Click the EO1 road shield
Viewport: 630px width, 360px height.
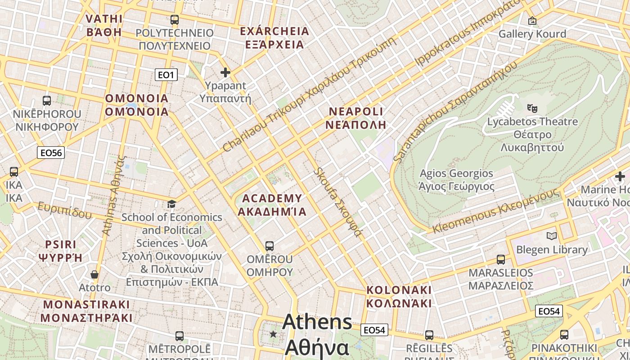[166, 75]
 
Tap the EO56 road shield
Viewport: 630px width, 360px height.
[51, 153]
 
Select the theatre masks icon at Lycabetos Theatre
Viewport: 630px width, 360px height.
[532, 108]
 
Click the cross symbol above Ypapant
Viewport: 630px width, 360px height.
[225, 72]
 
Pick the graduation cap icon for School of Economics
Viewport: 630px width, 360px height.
[171, 204]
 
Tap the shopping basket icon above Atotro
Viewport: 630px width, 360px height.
[94, 274]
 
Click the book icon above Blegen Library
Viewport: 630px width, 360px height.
[551, 236]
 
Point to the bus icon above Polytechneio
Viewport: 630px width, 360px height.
[175, 20]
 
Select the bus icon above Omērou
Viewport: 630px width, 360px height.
[270, 246]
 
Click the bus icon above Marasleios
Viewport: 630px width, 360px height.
[501, 260]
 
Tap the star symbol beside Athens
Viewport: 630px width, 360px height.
[273, 334]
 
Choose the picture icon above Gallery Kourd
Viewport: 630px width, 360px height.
[532, 21]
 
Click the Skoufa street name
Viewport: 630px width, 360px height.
[338, 202]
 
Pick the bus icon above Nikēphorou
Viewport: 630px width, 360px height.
[47, 101]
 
